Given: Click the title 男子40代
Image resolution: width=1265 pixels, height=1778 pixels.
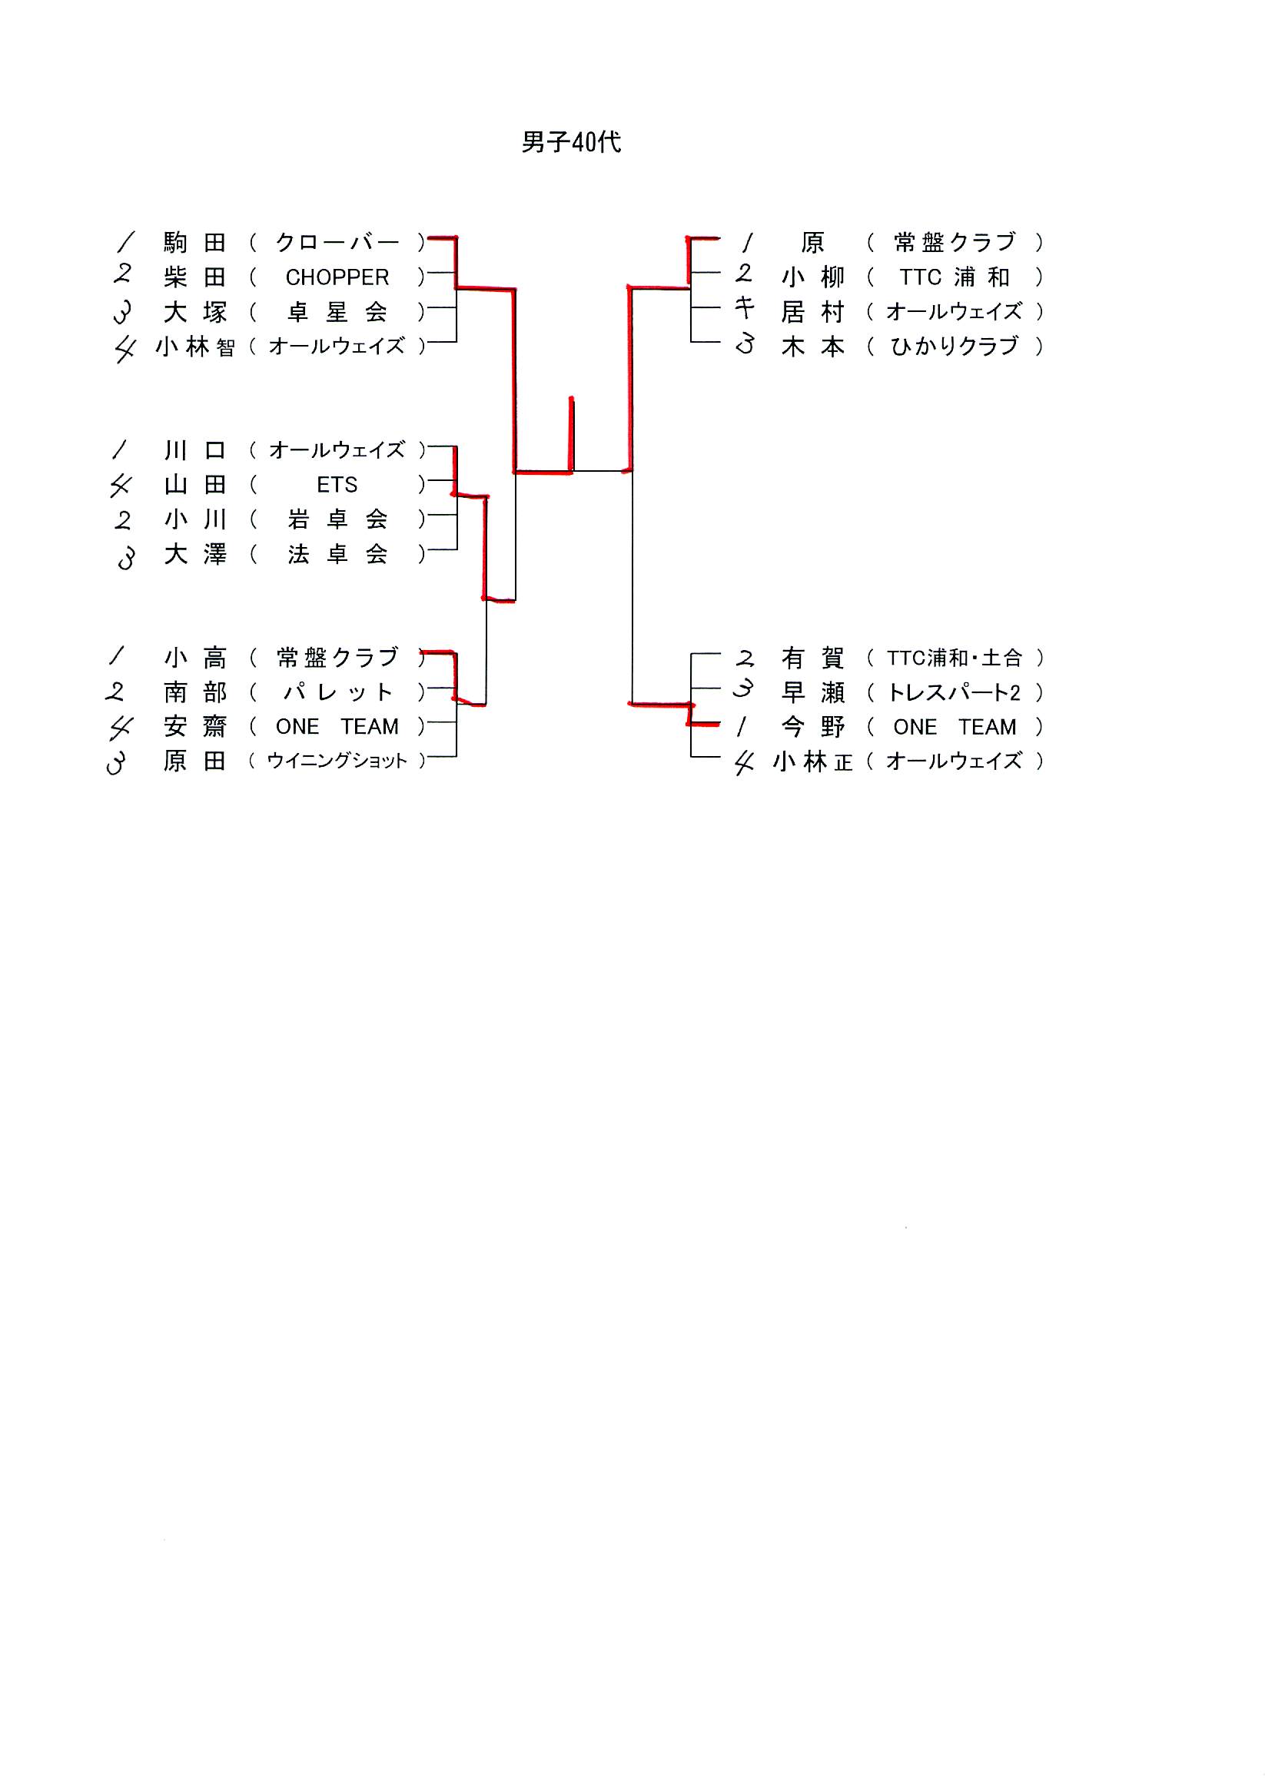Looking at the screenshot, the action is [x=571, y=142].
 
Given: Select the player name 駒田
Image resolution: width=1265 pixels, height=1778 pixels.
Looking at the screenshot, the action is [x=194, y=243].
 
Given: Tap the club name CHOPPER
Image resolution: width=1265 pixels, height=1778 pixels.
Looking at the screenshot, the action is [x=337, y=277].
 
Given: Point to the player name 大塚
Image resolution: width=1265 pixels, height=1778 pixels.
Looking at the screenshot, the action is [x=194, y=312].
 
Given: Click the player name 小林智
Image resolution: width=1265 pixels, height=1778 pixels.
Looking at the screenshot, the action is [x=194, y=347].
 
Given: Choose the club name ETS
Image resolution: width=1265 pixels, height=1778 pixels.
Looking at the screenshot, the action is [x=337, y=485].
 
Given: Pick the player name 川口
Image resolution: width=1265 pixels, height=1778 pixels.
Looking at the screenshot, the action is [x=194, y=450].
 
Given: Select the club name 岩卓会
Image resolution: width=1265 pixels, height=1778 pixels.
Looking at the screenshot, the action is [x=337, y=519].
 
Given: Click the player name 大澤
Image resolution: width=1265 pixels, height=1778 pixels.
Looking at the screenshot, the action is [x=194, y=555].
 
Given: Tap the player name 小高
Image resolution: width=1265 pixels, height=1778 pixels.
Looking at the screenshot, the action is [x=194, y=658].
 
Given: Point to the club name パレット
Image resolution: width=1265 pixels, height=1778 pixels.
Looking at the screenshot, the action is [x=337, y=692].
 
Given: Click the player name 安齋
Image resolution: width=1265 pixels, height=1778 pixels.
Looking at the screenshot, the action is [x=194, y=727].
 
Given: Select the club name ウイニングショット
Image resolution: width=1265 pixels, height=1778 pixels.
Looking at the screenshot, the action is [x=337, y=761].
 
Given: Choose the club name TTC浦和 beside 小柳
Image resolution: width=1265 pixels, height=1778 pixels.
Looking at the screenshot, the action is [x=955, y=277].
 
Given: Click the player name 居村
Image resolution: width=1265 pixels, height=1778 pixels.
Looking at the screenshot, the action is [x=812, y=312].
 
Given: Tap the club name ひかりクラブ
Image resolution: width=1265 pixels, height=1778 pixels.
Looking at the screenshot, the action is [x=955, y=347].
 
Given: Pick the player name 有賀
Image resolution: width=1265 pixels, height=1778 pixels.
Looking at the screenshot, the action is [x=812, y=658].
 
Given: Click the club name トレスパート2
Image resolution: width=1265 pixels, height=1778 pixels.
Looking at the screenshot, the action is [x=955, y=692].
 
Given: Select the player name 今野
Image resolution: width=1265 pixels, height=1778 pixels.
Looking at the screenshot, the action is [x=812, y=728].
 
